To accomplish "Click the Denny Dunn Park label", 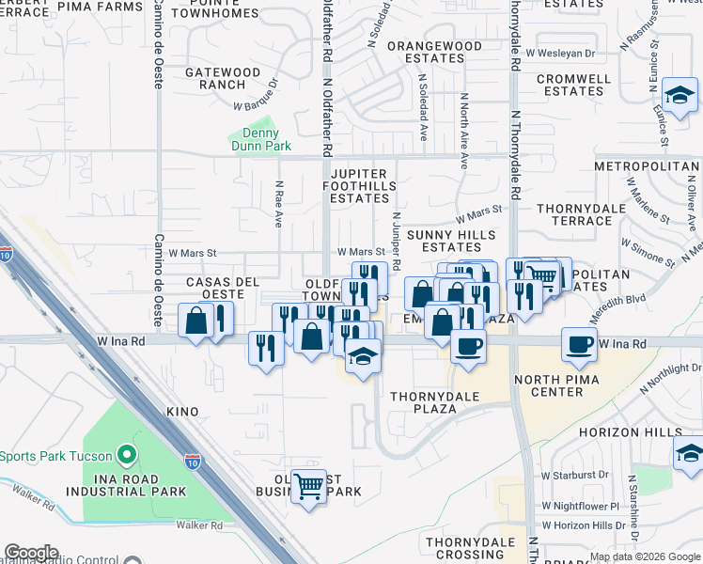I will click(x=261, y=139).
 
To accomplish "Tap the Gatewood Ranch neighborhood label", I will click(x=222, y=78).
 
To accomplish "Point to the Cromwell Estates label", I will click(x=572, y=85).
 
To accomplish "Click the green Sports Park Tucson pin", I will click(x=128, y=457).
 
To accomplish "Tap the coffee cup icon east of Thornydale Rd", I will click(x=580, y=343).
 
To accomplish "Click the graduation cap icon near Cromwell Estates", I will click(x=680, y=95).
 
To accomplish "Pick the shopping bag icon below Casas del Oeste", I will click(x=197, y=321).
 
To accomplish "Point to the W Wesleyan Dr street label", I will click(x=561, y=54).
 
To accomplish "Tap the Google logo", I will click(x=31, y=553).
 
